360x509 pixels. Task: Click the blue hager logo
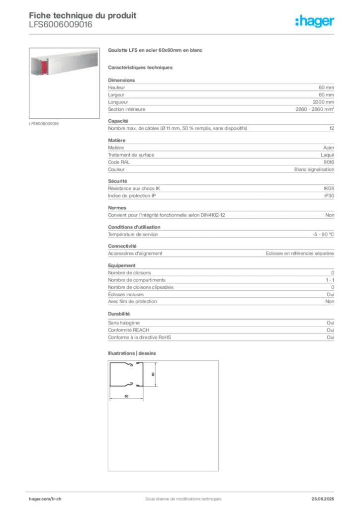(x=315, y=21)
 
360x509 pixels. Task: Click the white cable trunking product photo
(x=57, y=64)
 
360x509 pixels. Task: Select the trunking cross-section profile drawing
(x=127, y=375)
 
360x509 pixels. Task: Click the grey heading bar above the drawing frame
(x=133, y=354)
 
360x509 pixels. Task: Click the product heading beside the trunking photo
(x=156, y=51)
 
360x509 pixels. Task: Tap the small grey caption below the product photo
(x=44, y=123)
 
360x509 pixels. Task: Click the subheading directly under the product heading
(x=141, y=67)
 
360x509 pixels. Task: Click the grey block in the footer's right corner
(x=326, y=496)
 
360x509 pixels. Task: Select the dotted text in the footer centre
(x=179, y=495)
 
